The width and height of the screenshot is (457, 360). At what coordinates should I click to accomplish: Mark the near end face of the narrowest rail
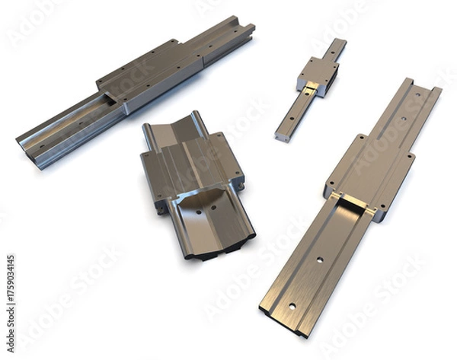tap(283, 138)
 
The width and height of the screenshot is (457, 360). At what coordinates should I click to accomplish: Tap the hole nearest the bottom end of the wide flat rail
tap(291, 307)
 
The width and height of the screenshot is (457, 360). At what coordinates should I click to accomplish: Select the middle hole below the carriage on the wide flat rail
tap(320, 260)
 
